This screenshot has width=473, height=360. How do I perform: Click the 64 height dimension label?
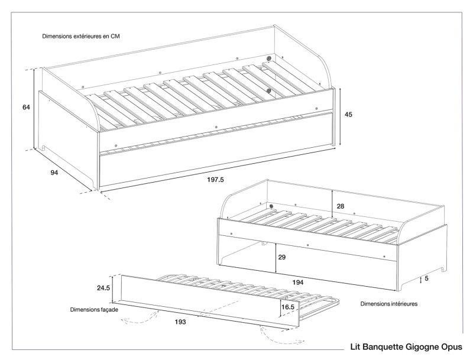click(26, 108)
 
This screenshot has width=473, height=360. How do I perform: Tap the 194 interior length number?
click(298, 283)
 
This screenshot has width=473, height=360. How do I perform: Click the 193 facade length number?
click(180, 322)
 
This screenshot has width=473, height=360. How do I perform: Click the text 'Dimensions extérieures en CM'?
click(81, 36)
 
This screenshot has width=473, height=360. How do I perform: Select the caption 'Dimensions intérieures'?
click(389, 304)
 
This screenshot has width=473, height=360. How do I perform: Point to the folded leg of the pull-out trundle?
click(322, 303)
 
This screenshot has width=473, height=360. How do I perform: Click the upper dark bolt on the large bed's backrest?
click(269, 59)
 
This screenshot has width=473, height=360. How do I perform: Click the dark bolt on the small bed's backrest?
click(271, 206)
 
